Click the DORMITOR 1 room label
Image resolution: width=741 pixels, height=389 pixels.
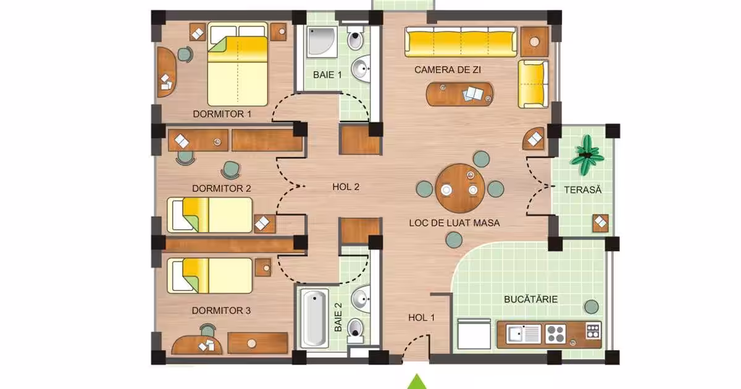point(222,114)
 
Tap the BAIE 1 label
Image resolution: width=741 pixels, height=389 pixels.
point(327,75)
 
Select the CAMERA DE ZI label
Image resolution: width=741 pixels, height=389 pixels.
point(448,70)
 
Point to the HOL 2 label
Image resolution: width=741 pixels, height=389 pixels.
point(346,187)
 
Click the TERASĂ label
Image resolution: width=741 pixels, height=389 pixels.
point(582,190)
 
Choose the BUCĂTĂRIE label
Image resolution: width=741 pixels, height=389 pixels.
point(530,299)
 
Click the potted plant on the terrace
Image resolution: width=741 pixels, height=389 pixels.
point(587,155)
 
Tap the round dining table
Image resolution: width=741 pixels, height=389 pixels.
point(460,188)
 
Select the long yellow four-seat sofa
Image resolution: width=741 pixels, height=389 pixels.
point(461,42)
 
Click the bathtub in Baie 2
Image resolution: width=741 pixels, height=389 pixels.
point(314,319)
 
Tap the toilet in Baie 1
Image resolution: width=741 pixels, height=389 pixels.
point(355,38)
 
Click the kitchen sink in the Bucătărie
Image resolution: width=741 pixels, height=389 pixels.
point(524,333)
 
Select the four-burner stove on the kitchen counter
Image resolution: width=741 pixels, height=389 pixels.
point(555,334)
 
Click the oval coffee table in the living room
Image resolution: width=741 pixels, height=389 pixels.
point(460,94)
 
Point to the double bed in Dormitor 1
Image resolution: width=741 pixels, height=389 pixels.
point(238,64)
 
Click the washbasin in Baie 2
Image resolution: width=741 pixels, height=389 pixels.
point(361,299)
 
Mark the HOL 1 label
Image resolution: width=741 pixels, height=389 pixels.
point(421,317)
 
